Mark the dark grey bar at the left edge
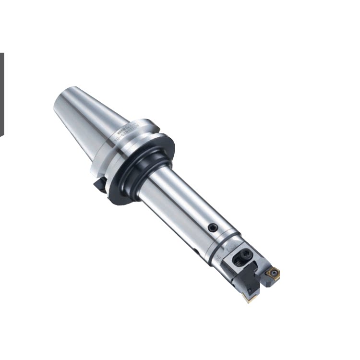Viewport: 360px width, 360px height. (x=1, y=94)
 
